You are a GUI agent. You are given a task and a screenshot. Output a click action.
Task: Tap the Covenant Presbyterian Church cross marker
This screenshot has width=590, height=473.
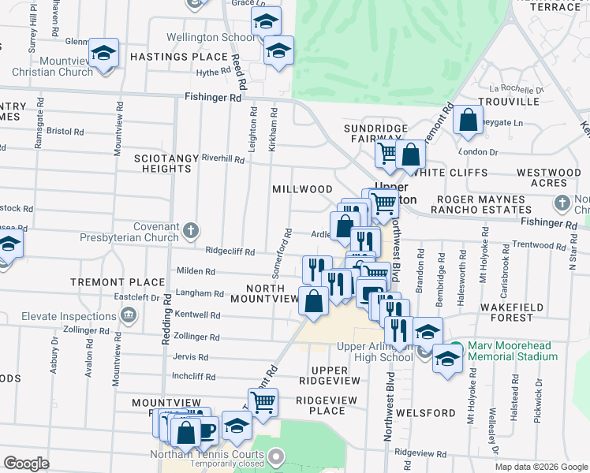pos(190,232)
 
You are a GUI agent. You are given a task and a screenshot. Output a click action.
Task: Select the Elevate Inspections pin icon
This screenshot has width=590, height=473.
pos(129,316)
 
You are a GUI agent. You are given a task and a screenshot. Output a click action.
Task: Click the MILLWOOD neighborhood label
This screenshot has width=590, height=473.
pos(302,189)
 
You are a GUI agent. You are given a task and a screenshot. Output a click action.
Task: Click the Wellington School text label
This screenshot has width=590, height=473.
pos(211,37)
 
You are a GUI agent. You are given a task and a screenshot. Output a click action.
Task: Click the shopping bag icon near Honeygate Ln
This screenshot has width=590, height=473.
pos(469,121)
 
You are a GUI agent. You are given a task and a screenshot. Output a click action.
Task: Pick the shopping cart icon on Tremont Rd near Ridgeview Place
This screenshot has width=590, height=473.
pos(263,402)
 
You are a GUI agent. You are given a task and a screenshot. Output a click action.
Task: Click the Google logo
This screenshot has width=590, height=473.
pos(26,464)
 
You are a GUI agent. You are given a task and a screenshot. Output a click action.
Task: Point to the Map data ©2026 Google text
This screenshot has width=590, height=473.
pos(541,467)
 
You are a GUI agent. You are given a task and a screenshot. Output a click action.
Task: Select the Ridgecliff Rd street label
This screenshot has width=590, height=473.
pos(230,251)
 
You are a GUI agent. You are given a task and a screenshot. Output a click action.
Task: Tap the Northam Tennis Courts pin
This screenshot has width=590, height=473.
pos(275,456)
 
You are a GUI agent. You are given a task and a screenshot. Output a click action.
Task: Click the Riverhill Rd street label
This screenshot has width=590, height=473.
pos(223,158)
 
